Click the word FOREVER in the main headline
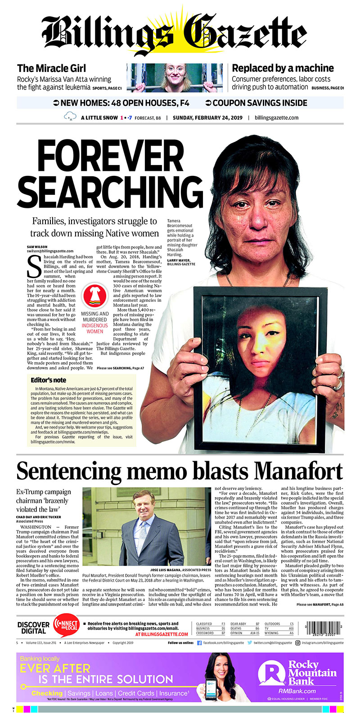110,157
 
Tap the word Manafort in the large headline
298,471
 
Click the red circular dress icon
94,295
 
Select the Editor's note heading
48,380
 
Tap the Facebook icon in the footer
199,643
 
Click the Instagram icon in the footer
297,643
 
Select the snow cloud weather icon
70,117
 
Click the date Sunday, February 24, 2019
207,118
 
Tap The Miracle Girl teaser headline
51,68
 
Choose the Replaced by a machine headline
283,68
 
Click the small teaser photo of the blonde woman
175,78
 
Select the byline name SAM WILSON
37,247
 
